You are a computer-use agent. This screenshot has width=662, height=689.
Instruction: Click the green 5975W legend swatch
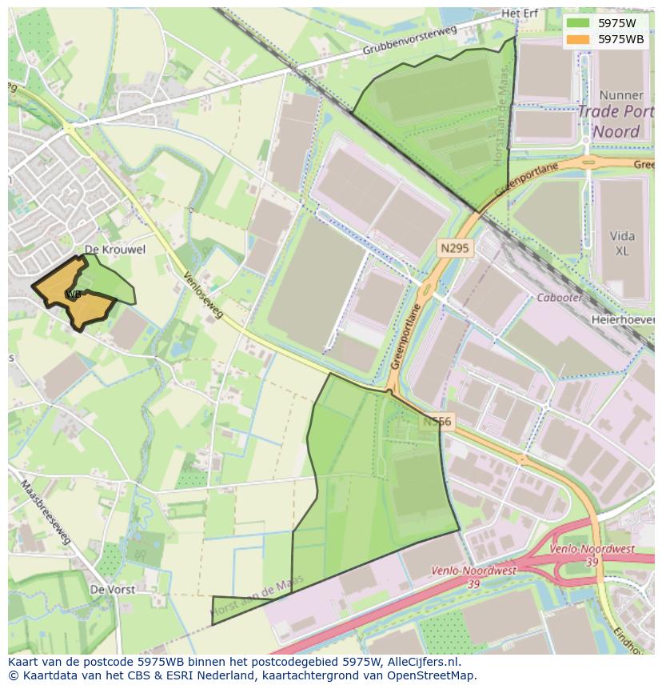point(579,22)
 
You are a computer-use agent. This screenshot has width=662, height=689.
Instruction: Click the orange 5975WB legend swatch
point(579,38)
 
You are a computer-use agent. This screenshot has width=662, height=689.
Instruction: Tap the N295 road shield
point(454,249)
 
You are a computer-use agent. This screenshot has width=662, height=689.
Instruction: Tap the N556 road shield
point(438,421)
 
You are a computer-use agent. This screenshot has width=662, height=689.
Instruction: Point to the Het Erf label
point(520,14)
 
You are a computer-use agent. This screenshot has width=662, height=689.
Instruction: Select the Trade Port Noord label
point(609,122)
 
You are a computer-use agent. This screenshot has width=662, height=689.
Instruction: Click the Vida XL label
point(623,243)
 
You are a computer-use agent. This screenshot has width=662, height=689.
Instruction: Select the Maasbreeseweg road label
point(46,513)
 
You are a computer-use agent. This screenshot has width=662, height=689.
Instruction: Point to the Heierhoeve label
point(624,319)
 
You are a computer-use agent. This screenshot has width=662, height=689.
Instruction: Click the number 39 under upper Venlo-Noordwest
point(592,563)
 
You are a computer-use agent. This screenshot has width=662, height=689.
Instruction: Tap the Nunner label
point(620,95)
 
